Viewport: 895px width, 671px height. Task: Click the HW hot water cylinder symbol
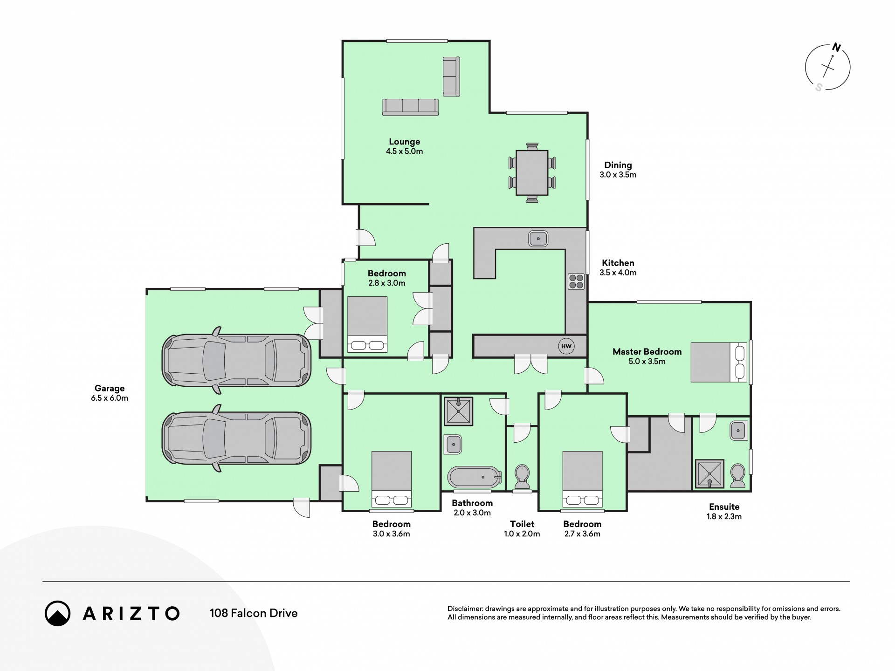click(x=566, y=346)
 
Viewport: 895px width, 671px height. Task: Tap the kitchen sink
click(x=538, y=239)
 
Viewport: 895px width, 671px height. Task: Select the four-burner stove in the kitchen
click(x=576, y=281)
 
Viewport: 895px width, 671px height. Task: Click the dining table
click(x=532, y=173)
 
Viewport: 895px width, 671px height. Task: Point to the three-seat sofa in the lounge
click(x=410, y=107)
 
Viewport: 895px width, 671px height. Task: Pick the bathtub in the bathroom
click(x=474, y=477)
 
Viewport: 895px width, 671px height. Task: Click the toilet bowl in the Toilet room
click(x=522, y=475)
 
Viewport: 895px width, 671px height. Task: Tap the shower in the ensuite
click(x=709, y=474)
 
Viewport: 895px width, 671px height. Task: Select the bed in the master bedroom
click(x=719, y=363)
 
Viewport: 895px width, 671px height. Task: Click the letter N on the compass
click(x=837, y=48)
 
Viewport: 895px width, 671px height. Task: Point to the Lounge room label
click(x=405, y=142)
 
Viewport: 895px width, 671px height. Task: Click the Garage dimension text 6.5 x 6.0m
click(x=110, y=398)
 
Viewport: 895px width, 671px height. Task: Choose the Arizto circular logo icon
click(x=58, y=613)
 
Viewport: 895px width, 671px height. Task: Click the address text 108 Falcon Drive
click(x=254, y=613)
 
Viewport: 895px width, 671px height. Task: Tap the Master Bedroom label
click(x=647, y=352)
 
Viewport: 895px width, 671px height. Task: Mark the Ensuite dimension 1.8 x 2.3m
click(x=724, y=516)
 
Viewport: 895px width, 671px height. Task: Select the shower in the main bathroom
click(x=459, y=411)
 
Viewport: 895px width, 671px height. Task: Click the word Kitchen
click(x=618, y=263)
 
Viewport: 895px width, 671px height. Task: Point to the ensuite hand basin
click(x=739, y=431)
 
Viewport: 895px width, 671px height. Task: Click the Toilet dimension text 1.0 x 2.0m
click(x=522, y=534)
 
